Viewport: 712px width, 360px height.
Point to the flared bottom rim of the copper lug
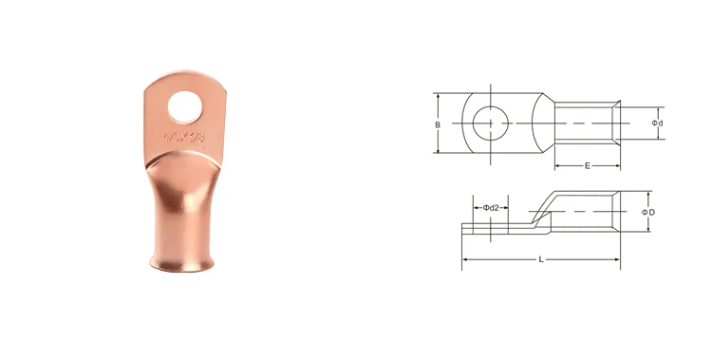(x=179, y=260)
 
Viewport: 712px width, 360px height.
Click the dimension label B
(x=438, y=124)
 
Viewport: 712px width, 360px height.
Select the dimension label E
(x=587, y=165)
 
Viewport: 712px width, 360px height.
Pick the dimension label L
(x=540, y=258)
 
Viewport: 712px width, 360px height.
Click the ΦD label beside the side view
(x=648, y=212)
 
